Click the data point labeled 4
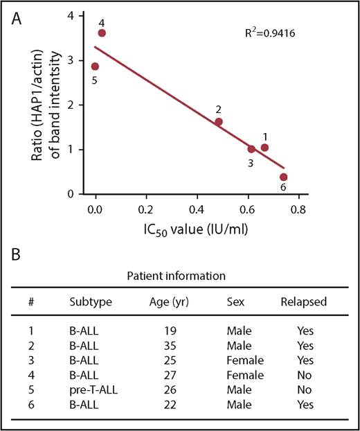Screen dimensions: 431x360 click(x=102, y=33)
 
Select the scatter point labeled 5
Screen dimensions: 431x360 click(x=95, y=67)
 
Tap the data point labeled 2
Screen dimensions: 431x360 click(x=219, y=122)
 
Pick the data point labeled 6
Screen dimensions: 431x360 click(x=283, y=177)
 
